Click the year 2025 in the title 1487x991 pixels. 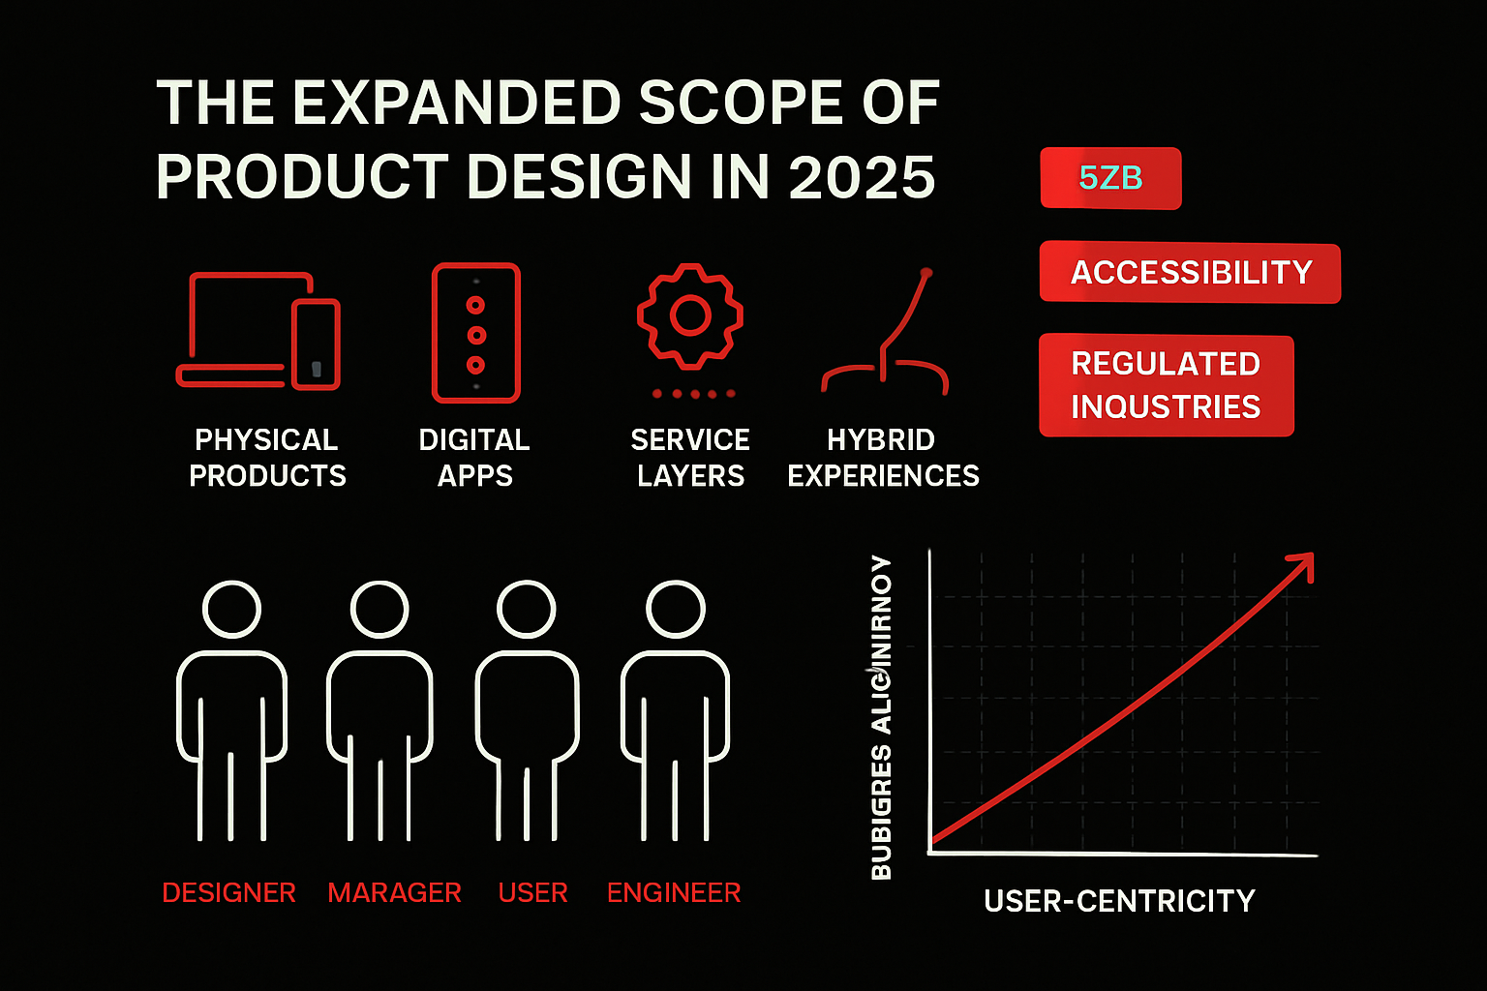coord(862,177)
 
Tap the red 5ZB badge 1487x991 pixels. coord(1110,178)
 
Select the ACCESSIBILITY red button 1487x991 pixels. coord(1190,273)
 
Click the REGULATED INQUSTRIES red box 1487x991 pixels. coord(1166,385)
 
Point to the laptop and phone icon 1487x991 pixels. coord(258,331)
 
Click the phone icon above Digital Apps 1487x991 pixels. coord(475,333)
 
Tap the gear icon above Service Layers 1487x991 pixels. coord(690,315)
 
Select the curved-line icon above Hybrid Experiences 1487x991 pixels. coord(885,334)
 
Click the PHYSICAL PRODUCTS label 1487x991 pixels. coord(267,458)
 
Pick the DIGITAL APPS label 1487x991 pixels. coord(474,458)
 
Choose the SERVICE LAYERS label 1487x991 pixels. coord(690,458)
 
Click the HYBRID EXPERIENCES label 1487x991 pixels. coord(883,458)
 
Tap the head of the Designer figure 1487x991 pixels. coord(232,609)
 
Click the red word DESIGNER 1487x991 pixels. coord(229,892)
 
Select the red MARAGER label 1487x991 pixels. coord(394,892)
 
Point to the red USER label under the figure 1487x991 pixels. coord(532,892)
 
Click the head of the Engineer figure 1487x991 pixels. coord(675,609)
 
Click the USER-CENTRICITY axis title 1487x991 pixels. coord(1119,901)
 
